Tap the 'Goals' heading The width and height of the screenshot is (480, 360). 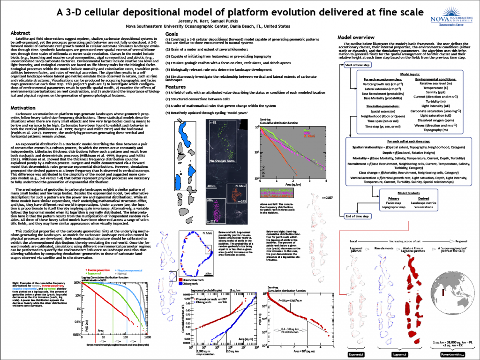[172, 34]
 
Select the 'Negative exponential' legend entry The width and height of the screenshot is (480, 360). [129, 271]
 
